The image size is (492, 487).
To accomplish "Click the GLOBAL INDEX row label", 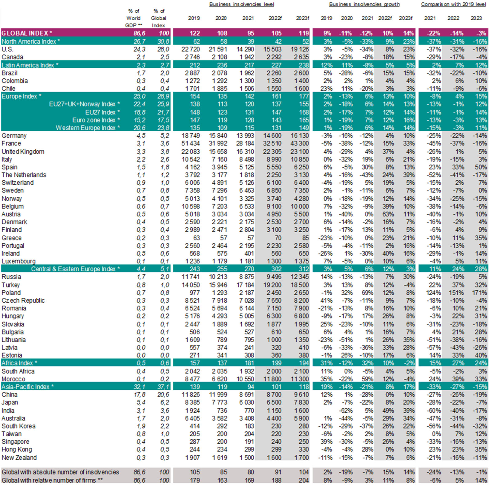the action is coord(27,33).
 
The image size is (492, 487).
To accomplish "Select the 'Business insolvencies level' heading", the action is coord(241,4).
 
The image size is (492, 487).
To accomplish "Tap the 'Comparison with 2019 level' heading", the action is coord(453,4).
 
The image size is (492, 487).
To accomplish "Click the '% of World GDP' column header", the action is coord(133,18).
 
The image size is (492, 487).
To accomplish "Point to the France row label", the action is coord(11,143).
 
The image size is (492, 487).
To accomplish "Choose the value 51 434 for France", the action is coord(191,143).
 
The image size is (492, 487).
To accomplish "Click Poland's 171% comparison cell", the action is coord(479,293).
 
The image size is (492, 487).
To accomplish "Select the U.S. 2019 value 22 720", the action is coord(191,49).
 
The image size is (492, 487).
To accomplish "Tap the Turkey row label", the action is coord(10,285).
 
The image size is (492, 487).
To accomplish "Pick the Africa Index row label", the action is coord(19,363).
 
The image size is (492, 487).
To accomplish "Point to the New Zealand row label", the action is coord(19,457).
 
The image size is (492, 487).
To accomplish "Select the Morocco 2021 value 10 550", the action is coord(245,379).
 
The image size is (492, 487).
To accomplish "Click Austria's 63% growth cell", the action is coord(388,214).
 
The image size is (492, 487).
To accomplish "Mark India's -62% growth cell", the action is coord(346,410).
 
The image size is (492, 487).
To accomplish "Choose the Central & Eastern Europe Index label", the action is coord(75,269).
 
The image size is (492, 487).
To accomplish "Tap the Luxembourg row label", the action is coord(18,261).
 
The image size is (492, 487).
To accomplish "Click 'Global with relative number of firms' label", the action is coord(52,480).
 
